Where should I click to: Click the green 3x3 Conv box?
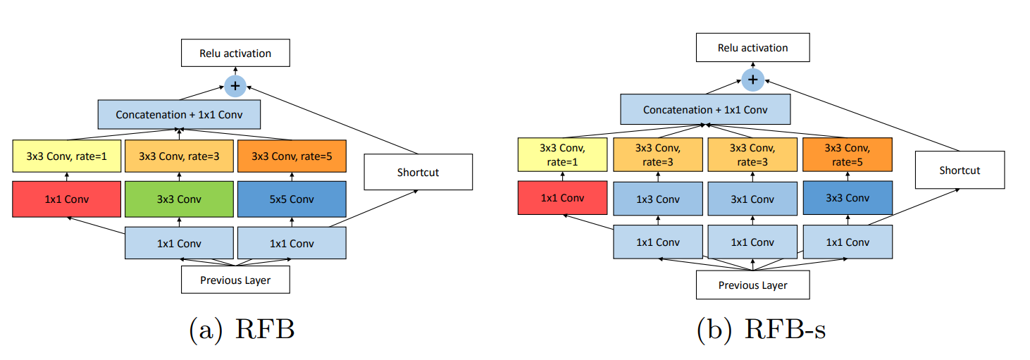coord(179,199)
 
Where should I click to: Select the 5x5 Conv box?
coord(292,199)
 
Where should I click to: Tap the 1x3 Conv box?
coord(658,199)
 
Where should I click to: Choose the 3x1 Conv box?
coord(752,199)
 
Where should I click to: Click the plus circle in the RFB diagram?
coord(235,86)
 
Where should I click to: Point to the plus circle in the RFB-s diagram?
coord(752,80)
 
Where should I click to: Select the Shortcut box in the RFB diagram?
coord(418,172)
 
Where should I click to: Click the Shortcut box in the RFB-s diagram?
coord(960,170)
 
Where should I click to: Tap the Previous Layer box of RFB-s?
coord(752,285)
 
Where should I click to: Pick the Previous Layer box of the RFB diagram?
coord(235,280)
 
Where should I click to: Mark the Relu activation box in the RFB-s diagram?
coord(752,48)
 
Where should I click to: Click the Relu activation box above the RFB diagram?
coord(235,53)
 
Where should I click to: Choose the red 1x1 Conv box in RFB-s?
coord(562,198)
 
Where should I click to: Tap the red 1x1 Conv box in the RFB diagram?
coord(67,199)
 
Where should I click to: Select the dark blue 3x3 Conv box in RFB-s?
coord(848,198)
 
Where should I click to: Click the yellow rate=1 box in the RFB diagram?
coord(67,156)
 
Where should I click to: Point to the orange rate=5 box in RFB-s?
coord(848,155)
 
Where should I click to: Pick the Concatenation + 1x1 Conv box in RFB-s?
coord(705,110)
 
